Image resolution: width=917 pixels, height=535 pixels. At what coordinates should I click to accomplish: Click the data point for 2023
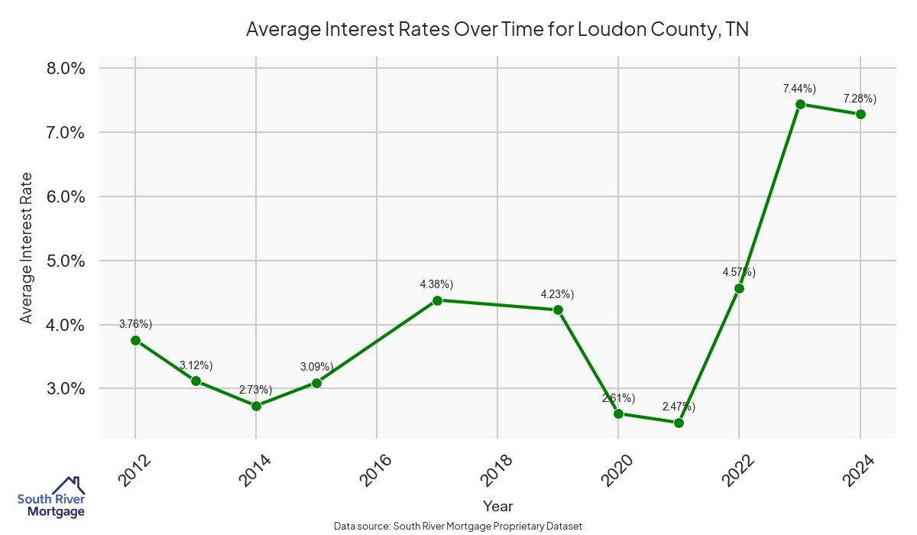point(800,104)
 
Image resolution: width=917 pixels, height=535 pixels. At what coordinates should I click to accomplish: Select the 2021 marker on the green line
point(679,423)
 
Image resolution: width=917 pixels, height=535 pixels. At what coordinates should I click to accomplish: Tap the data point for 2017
point(437,300)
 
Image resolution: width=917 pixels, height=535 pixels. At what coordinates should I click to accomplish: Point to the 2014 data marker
point(256,406)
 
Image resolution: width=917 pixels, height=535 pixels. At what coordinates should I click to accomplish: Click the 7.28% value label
point(860,99)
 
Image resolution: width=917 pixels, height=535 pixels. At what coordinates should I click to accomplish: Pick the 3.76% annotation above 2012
point(136,324)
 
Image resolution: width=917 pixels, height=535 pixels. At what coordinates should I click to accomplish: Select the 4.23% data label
point(557,294)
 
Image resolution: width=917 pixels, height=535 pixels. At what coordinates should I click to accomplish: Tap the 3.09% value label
point(316,367)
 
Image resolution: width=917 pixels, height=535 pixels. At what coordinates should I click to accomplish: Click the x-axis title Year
point(497,506)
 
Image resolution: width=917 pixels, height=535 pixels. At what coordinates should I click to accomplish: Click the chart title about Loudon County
point(497,30)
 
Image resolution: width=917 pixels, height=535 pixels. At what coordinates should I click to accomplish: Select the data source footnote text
point(458,527)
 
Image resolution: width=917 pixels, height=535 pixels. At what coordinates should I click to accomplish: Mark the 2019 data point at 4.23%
point(558,310)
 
